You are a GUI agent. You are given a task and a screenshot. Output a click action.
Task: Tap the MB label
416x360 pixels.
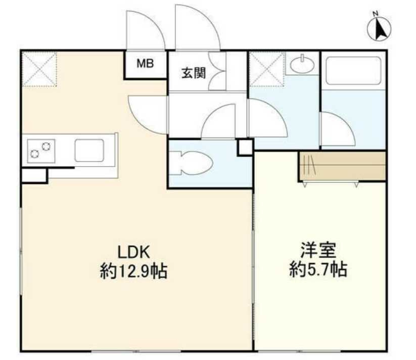point(146,64)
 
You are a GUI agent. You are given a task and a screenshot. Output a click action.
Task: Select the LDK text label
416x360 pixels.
point(135,251)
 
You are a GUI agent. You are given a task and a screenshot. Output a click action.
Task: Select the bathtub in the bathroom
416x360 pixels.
point(353,71)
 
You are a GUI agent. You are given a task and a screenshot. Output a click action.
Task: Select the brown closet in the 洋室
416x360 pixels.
point(342,166)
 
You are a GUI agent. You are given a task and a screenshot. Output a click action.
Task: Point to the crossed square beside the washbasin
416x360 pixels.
point(267,69)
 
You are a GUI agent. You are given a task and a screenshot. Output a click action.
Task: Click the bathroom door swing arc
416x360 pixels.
point(336,129)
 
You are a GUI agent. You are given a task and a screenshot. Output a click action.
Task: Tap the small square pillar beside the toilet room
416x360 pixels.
point(245,147)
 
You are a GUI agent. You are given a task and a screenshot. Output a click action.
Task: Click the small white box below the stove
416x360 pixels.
point(34,175)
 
